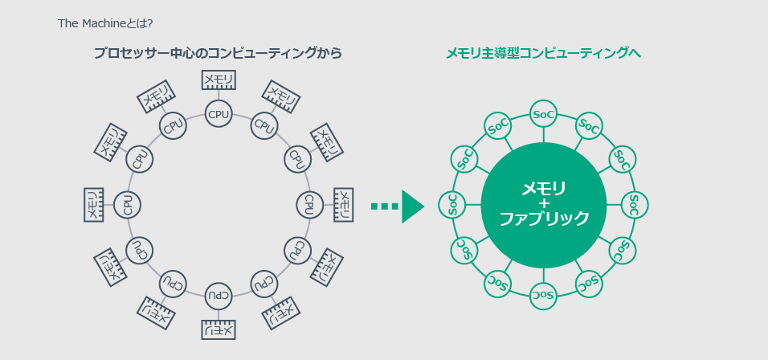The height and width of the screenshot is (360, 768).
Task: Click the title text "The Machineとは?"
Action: click(x=105, y=22)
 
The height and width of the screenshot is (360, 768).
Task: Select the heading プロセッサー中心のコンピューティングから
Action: click(x=218, y=54)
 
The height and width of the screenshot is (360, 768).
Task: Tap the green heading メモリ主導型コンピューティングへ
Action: click(x=543, y=54)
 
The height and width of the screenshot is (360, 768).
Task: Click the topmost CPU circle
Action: click(x=219, y=114)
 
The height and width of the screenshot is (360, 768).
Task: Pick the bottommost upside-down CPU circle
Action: click(x=219, y=297)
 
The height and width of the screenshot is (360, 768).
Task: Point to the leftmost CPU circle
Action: click(x=128, y=205)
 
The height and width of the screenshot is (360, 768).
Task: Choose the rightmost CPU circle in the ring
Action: click(x=309, y=205)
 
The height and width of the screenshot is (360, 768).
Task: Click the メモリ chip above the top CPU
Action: click(x=219, y=80)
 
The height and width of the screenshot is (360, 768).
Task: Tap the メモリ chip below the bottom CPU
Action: click(x=219, y=329)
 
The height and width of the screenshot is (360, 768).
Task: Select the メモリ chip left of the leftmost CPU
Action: click(x=93, y=205)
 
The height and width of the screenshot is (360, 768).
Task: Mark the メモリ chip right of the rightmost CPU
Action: click(x=343, y=205)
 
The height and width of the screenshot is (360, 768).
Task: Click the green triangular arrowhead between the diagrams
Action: click(x=412, y=207)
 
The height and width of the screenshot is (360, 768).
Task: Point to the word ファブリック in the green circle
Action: click(x=544, y=219)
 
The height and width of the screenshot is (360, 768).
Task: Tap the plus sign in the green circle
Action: click(x=544, y=204)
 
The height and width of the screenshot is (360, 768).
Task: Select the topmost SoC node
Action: click(x=544, y=115)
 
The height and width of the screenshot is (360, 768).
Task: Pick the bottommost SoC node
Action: click(x=544, y=296)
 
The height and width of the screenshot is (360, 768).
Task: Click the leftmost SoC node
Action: click(x=452, y=205)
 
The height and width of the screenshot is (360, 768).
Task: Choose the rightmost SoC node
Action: click(x=635, y=205)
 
